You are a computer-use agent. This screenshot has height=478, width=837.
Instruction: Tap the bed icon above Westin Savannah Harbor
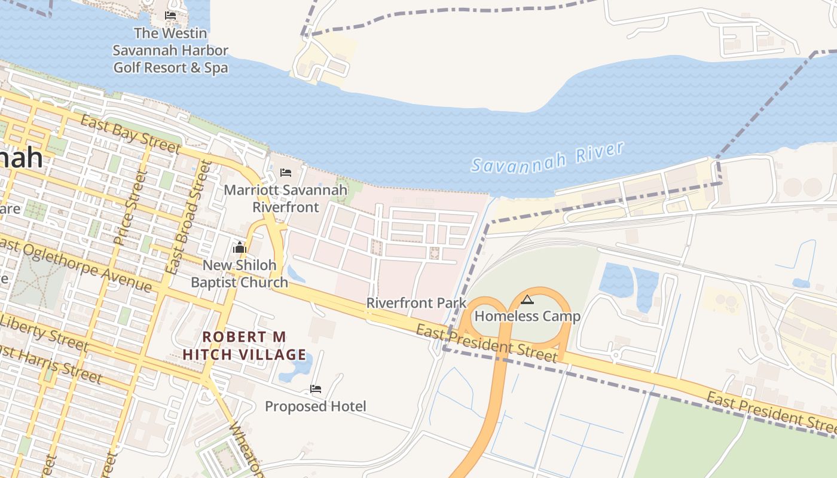(170, 16)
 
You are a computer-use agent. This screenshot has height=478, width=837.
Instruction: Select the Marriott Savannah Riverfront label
(285, 198)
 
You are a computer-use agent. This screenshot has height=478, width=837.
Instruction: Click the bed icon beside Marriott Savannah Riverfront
(286, 173)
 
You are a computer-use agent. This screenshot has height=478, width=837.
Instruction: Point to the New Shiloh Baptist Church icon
(240, 247)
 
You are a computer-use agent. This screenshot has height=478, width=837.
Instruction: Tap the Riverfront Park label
(416, 303)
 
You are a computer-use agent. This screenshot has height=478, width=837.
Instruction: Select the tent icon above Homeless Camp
(527, 299)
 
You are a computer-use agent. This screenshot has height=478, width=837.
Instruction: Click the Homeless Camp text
(527, 316)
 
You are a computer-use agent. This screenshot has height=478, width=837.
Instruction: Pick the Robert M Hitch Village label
(244, 345)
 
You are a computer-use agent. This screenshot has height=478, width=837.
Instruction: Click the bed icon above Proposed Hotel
(316, 389)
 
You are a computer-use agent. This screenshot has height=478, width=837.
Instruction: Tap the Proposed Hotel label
(316, 406)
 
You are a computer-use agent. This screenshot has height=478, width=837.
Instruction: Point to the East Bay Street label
(130, 134)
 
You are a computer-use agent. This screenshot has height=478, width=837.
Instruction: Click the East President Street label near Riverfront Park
(487, 344)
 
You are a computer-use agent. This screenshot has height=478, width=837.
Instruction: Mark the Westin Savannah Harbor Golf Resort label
(171, 50)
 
